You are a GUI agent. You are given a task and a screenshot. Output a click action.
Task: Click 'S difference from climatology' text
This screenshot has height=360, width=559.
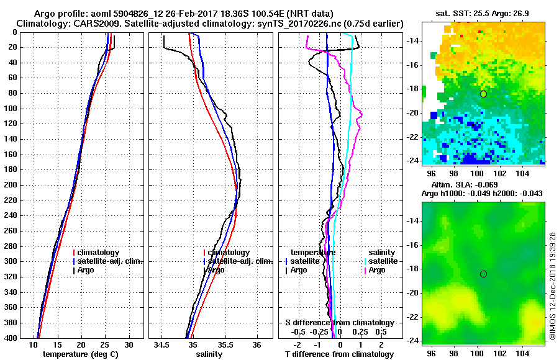339,323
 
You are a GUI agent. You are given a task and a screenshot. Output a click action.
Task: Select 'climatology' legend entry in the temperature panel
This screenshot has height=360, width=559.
99,253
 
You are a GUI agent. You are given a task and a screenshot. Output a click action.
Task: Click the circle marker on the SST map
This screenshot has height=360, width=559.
483,94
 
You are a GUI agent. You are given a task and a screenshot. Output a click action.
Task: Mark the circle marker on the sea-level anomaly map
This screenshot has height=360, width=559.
483,274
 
